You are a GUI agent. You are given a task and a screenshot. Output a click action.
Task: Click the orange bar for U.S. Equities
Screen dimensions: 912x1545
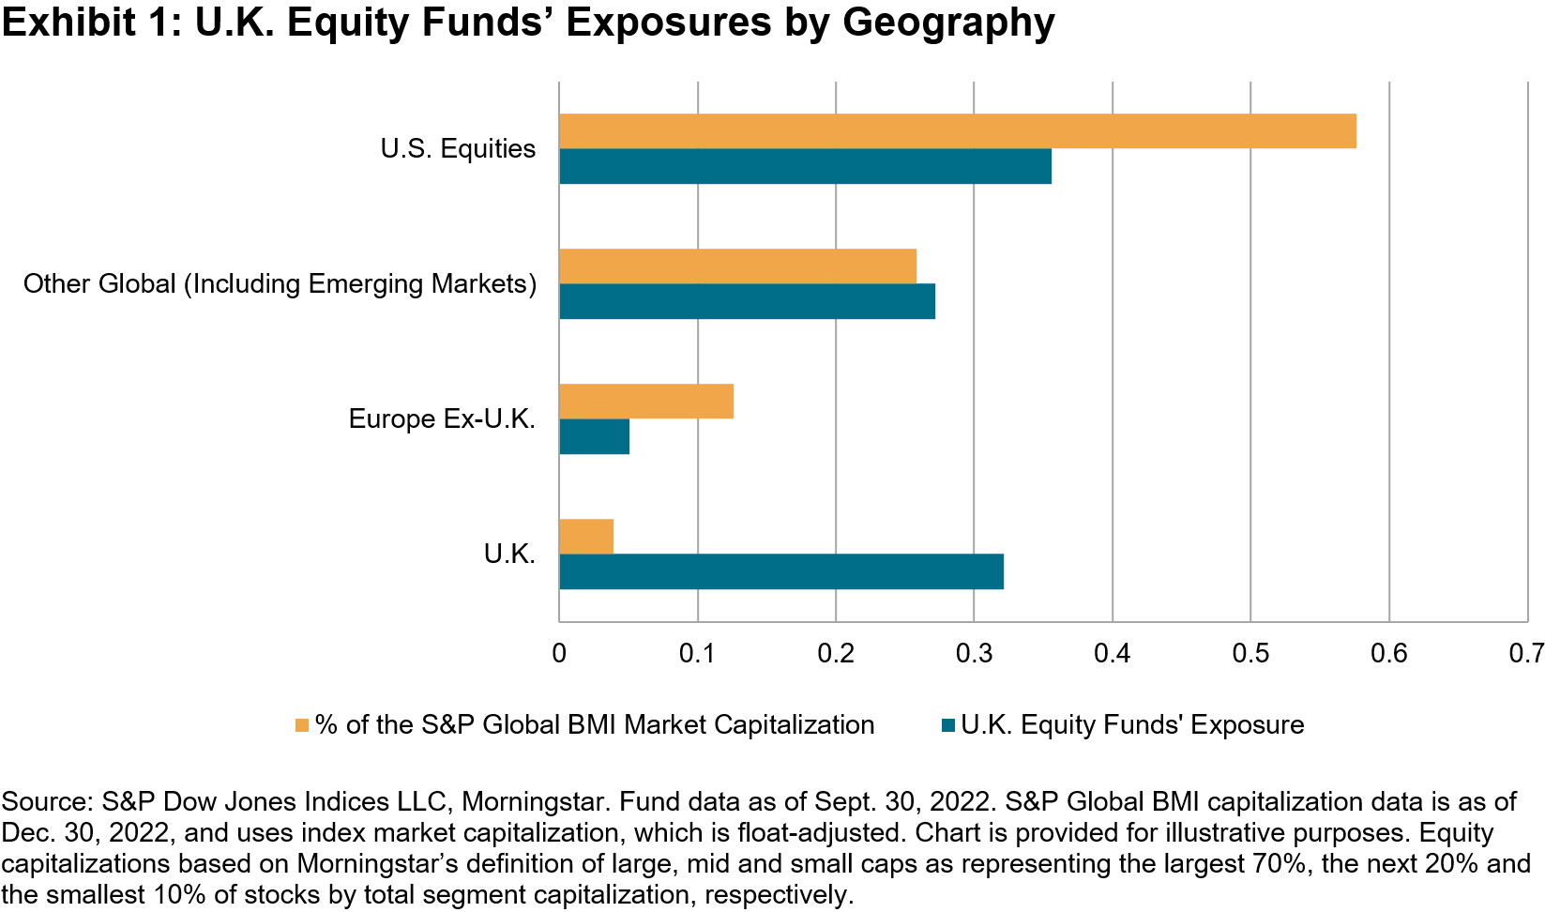tap(957, 131)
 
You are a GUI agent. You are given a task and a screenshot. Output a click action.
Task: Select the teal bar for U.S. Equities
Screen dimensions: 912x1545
tap(805, 166)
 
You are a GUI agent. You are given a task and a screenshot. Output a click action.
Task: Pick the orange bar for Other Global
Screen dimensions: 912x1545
tap(737, 266)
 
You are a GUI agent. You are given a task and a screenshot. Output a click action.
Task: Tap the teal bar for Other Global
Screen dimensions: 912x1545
tap(747, 301)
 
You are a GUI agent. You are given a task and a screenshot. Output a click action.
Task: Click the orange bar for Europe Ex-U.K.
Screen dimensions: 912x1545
tap(646, 402)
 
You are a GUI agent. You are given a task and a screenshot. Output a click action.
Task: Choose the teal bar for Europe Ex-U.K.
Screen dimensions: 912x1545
tap(594, 436)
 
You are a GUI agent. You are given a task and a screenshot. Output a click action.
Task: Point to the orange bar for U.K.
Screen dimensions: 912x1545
tap(586, 537)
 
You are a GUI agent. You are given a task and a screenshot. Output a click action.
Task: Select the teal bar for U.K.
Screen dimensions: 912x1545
tap(781, 571)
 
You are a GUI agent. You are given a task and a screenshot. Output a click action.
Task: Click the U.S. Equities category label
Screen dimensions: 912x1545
tap(458, 149)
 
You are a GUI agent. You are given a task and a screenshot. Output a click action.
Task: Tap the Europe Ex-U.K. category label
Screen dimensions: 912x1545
tap(442, 418)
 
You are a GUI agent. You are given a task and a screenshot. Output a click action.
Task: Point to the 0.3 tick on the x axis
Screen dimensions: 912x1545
tap(974, 653)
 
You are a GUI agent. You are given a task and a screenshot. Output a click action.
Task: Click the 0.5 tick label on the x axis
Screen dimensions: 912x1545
tap(1250, 653)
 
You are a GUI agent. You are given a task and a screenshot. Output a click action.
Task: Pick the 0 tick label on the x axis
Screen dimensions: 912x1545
tap(559, 653)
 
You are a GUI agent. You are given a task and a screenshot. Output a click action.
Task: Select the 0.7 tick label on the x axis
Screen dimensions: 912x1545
tap(1525, 653)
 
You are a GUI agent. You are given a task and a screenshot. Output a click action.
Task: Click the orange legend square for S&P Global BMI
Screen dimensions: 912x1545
tap(302, 725)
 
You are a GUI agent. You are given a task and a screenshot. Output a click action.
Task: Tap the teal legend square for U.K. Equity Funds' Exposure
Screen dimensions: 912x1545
tap(947, 725)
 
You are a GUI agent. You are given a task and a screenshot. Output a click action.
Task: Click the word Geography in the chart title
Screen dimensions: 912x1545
tap(948, 23)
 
